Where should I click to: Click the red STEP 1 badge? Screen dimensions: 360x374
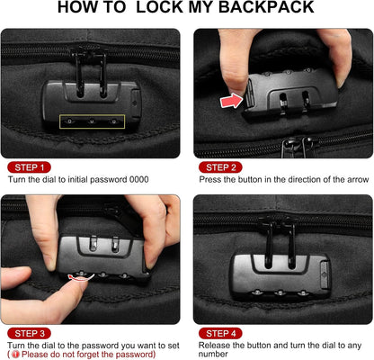31,167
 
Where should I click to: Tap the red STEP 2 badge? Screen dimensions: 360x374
220,167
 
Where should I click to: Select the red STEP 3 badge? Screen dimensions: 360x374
31,333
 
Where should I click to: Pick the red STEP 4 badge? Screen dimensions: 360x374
220,333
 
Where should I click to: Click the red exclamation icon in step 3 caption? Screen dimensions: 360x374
15,355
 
